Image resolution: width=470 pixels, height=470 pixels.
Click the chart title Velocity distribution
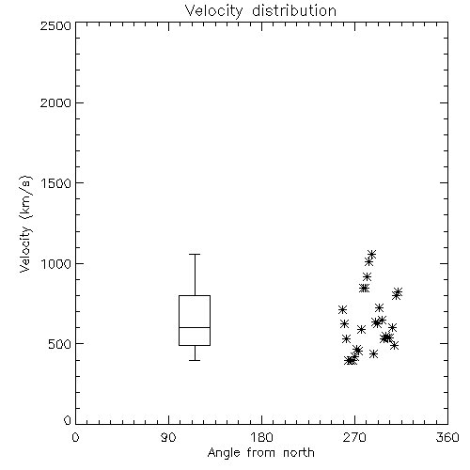pyautogui.click(x=260, y=10)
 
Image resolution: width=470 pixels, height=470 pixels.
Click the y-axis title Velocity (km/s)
pyautogui.click(x=25, y=225)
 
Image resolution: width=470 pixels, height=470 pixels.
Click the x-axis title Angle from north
pyautogui.click(x=260, y=452)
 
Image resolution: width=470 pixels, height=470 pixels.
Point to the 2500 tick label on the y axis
pyautogui.click(x=55, y=25)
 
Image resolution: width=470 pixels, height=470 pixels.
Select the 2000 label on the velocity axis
pyautogui.click(x=55, y=102)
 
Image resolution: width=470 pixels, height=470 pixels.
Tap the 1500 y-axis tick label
pyautogui.click(x=56, y=183)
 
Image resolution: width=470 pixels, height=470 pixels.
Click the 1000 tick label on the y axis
pyautogui.click(x=56, y=264)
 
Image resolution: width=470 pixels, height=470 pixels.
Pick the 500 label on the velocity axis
pyautogui.click(x=60, y=344)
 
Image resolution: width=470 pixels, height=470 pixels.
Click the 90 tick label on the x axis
pyautogui.click(x=168, y=437)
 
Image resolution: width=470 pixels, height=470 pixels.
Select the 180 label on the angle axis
pyautogui.click(x=261, y=437)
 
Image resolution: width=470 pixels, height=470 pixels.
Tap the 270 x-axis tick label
pyautogui.click(x=354, y=437)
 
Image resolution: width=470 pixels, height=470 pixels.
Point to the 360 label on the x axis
pyautogui.click(x=447, y=437)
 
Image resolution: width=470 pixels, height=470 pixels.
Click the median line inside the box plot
pyautogui.click(x=195, y=327)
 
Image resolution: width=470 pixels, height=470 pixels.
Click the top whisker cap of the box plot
pyautogui.click(x=195, y=254)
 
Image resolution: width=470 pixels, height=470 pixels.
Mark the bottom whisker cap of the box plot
pyautogui.click(x=195, y=360)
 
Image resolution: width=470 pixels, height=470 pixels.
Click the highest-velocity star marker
pyautogui.click(x=371, y=254)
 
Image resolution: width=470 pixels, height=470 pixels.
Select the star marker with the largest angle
pyautogui.click(x=399, y=291)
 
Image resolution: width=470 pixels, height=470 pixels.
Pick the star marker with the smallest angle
pyautogui.click(x=342, y=309)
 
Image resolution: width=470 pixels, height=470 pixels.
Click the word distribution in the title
pyautogui.click(x=294, y=10)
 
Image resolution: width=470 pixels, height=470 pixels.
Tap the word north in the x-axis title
pyautogui.click(x=299, y=452)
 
